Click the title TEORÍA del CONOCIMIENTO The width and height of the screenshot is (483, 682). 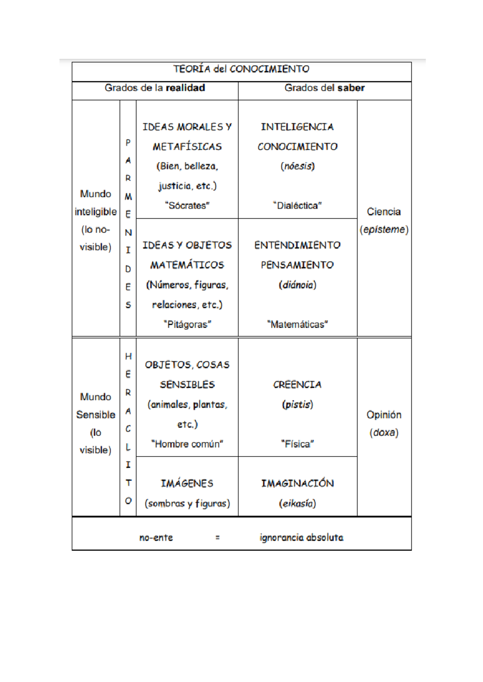click(242, 69)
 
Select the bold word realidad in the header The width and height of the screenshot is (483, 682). click(185, 88)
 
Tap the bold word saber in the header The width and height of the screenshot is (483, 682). click(351, 88)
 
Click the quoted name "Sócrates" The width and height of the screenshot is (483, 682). click(187, 205)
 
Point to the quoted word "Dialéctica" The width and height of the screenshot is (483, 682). click(297, 205)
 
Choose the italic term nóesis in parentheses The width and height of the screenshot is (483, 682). click(297, 166)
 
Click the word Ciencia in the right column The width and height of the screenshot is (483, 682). click(384, 212)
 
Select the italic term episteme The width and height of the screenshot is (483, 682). click(384, 229)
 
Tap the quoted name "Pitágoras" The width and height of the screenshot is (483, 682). click(187, 324)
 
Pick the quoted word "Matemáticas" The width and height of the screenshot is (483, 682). click(297, 324)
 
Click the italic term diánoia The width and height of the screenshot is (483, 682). click(297, 285)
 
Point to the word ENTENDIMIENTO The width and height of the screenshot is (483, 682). click(297, 245)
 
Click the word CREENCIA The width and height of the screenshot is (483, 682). click(297, 384)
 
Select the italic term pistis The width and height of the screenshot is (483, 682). click(297, 404)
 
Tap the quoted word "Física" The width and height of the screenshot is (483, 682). click(297, 444)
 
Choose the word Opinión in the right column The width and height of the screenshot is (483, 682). click(384, 415)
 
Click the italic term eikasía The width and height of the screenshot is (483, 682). click(297, 504)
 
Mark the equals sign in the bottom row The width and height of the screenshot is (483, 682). click(217, 538)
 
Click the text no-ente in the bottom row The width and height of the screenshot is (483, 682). click(156, 538)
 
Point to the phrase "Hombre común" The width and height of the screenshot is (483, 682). click(187, 444)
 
